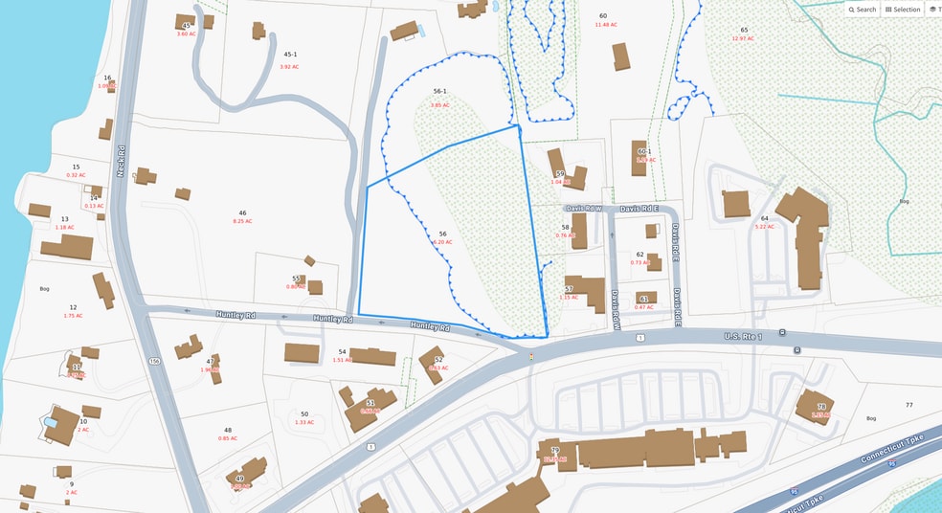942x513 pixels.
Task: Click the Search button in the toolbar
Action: [x=863, y=10]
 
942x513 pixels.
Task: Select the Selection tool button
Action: [x=903, y=10]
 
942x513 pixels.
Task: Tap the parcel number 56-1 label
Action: [x=439, y=92]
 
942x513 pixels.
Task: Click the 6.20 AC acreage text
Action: [x=442, y=243]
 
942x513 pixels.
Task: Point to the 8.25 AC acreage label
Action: [x=242, y=221]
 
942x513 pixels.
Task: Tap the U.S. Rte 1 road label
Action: [x=743, y=336]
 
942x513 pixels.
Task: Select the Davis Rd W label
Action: [x=583, y=208]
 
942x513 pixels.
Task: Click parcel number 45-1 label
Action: [x=290, y=55]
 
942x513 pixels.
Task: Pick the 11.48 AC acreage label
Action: [x=604, y=25]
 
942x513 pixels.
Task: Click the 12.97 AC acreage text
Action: [x=744, y=38]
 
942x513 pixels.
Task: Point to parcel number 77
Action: [x=908, y=406]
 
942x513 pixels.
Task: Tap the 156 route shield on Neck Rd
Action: [x=154, y=361]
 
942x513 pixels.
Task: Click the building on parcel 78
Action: [x=814, y=405]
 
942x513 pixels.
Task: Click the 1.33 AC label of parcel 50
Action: [x=304, y=422]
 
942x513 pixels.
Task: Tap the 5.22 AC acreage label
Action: [x=764, y=227]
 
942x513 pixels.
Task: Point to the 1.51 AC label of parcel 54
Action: [x=342, y=360]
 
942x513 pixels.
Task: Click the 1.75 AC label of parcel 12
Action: [x=73, y=316]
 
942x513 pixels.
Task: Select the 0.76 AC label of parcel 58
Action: [x=565, y=235]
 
